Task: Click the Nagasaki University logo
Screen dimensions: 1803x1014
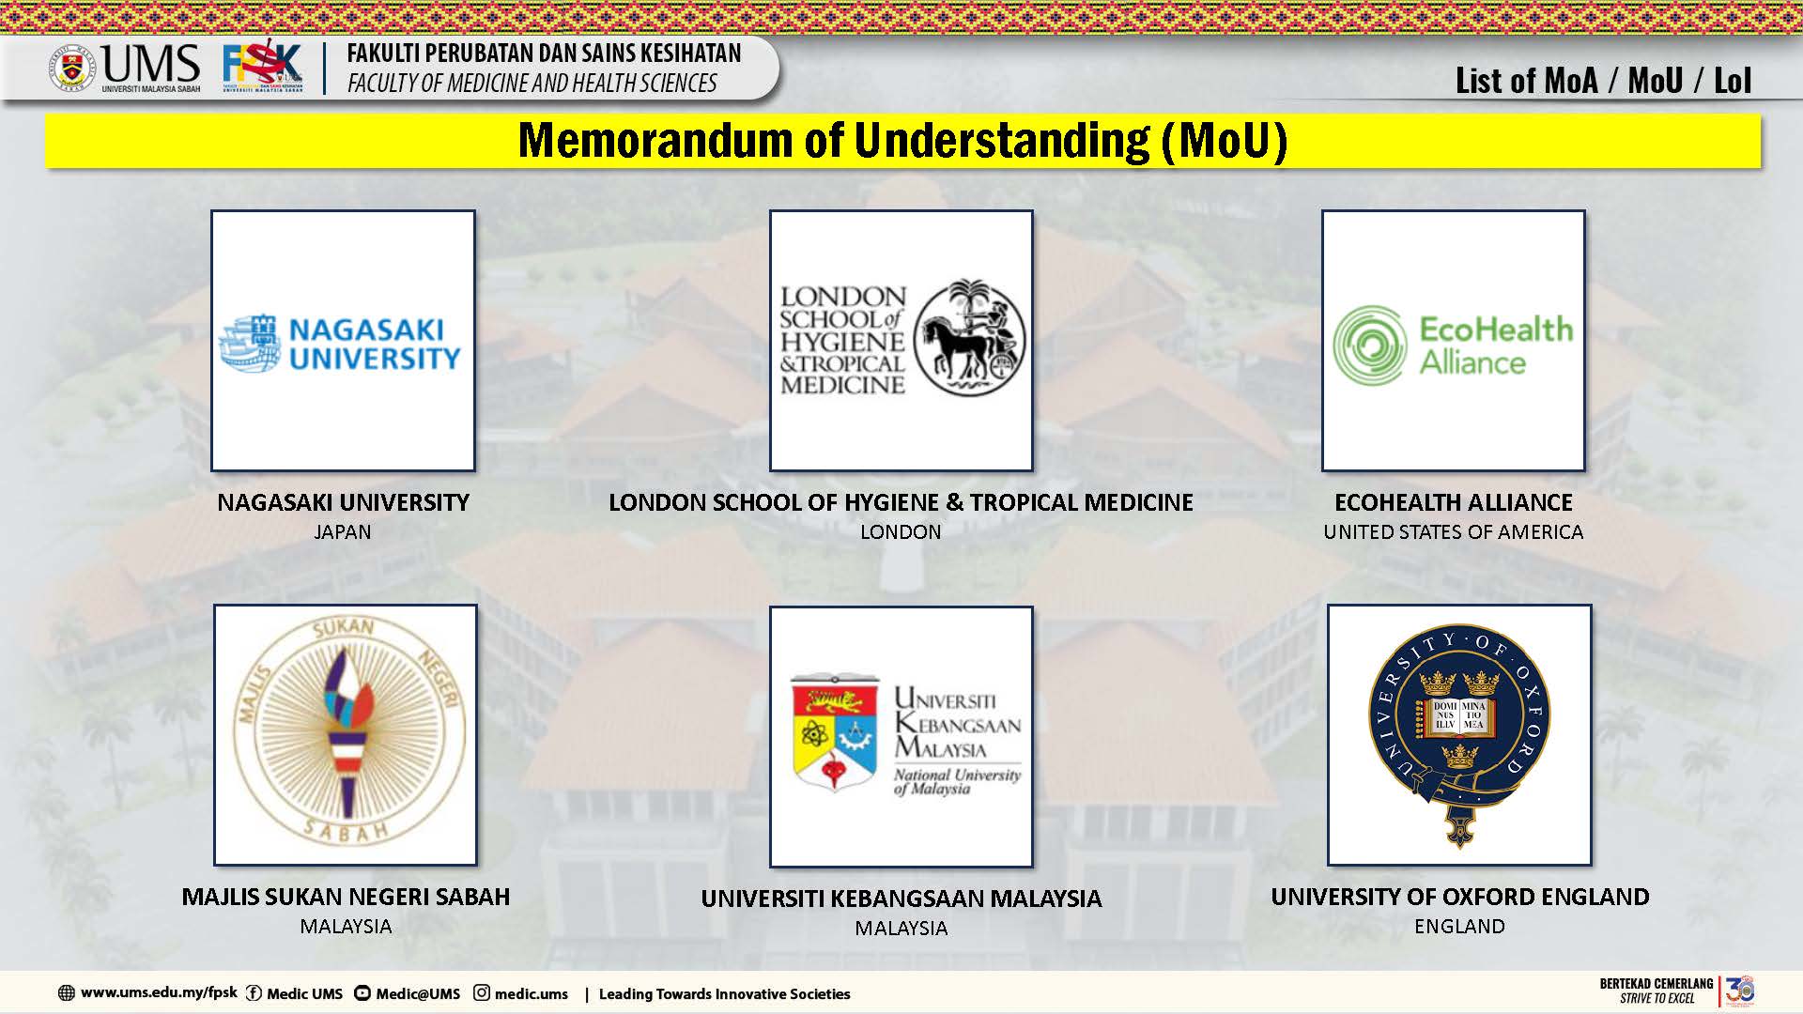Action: (x=340, y=343)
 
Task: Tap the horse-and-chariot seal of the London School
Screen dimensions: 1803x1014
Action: (x=970, y=336)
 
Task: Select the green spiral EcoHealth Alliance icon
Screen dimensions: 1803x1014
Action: (x=1369, y=345)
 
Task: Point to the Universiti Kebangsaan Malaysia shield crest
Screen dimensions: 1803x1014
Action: (x=835, y=732)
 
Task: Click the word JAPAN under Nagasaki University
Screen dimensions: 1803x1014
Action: (x=342, y=531)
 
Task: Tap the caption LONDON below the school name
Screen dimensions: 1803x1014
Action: (x=901, y=531)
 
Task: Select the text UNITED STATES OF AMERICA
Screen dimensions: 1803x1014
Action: (x=1453, y=531)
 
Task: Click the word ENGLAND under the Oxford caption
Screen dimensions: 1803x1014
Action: (x=1459, y=926)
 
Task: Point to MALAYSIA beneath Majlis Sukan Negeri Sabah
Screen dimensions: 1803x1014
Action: (x=346, y=926)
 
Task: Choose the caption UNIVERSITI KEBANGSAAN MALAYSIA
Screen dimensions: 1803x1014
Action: (x=901, y=899)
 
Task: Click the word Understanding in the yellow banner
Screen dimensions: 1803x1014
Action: (x=1001, y=140)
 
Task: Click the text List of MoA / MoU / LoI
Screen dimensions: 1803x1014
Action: (x=1603, y=81)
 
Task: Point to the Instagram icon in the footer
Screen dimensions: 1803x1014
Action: (x=482, y=992)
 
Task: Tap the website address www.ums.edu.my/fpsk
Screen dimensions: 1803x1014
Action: (x=159, y=992)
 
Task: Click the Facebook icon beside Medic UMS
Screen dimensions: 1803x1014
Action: (x=254, y=993)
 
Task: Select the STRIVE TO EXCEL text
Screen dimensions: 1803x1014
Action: (x=1657, y=998)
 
